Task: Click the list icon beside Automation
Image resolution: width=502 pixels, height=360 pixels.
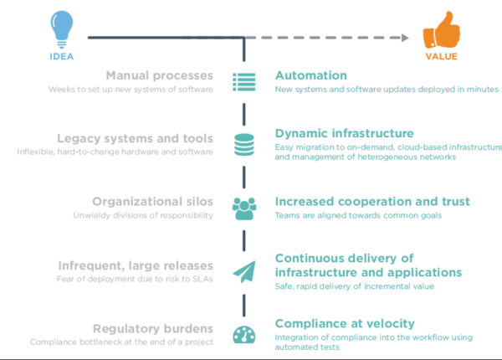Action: pos(244,82)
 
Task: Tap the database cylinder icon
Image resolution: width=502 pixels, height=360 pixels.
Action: pos(244,144)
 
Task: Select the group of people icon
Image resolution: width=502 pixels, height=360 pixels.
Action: pos(244,208)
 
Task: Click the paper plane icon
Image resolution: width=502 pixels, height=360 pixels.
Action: pos(244,271)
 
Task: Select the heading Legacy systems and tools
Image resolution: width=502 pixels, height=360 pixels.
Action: pos(135,138)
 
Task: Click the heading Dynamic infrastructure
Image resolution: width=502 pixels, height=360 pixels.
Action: pos(344,133)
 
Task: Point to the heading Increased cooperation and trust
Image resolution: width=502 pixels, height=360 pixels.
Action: pos(372,202)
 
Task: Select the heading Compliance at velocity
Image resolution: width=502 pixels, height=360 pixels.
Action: pos(345,323)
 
